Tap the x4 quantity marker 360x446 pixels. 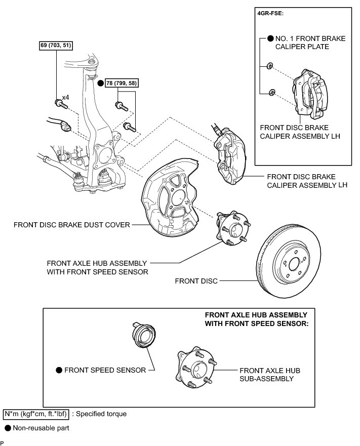pos(66,97)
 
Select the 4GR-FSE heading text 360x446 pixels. pos(270,14)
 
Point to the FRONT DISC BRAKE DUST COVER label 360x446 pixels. pos(72,224)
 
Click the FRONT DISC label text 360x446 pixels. pos(196,280)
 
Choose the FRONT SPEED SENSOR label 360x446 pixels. pos(105,370)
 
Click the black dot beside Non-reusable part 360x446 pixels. pos(8,428)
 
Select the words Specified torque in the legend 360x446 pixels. pos(101,414)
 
